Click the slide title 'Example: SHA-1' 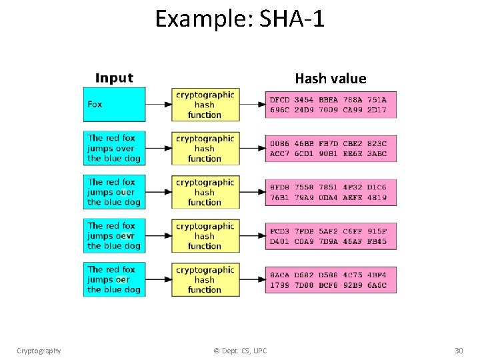(x=240, y=19)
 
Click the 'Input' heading (x=114, y=78)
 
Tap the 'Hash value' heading (x=330, y=79)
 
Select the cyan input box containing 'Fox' (x=114, y=105)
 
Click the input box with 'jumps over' (x=114, y=149)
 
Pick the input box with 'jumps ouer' (x=114, y=192)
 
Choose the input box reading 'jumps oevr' (x=114, y=236)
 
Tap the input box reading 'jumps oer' (x=114, y=280)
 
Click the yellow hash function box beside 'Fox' (x=205, y=105)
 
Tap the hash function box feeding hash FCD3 (x=205, y=236)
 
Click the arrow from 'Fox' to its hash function (x=158, y=105)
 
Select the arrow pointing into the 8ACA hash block (x=252, y=280)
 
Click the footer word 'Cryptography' (x=39, y=351)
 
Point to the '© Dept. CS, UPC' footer (x=240, y=351)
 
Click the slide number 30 (x=459, y=351)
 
